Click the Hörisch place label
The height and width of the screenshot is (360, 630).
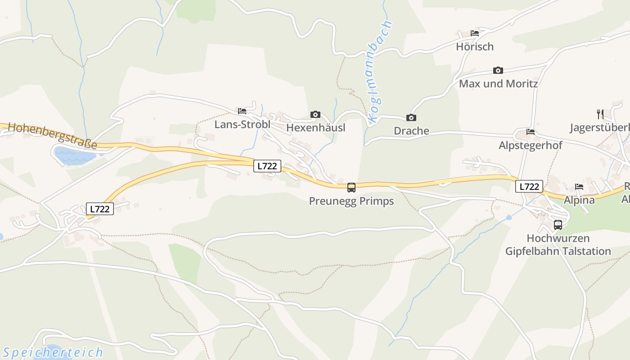coord(474,47)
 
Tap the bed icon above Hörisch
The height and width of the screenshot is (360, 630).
coord(474,33)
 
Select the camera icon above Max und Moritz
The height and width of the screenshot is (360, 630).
coord(498,70)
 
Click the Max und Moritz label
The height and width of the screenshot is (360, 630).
coord(498,84)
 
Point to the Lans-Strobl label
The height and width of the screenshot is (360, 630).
coord(242,125)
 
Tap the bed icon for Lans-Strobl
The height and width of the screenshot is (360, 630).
coord(242,111)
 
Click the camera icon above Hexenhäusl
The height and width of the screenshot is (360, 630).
coord(315,114)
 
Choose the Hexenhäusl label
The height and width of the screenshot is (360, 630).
coord(315,128)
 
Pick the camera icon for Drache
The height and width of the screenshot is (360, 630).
coord(411,117)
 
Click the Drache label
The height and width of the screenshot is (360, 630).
coord(411,131)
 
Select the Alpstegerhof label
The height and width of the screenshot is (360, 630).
coord(530,146)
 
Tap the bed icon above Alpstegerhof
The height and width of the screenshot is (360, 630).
coord(531,132)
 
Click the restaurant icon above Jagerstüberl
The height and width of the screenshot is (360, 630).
coord(600,114)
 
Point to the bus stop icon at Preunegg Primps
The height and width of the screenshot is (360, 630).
coord(351,187)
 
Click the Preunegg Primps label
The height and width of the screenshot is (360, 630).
coord(351,201)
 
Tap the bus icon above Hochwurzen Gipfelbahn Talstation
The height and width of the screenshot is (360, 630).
coord(558,225)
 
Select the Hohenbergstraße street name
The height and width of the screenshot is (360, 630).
coord(52,135)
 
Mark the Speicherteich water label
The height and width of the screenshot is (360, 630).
coord(52,352)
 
